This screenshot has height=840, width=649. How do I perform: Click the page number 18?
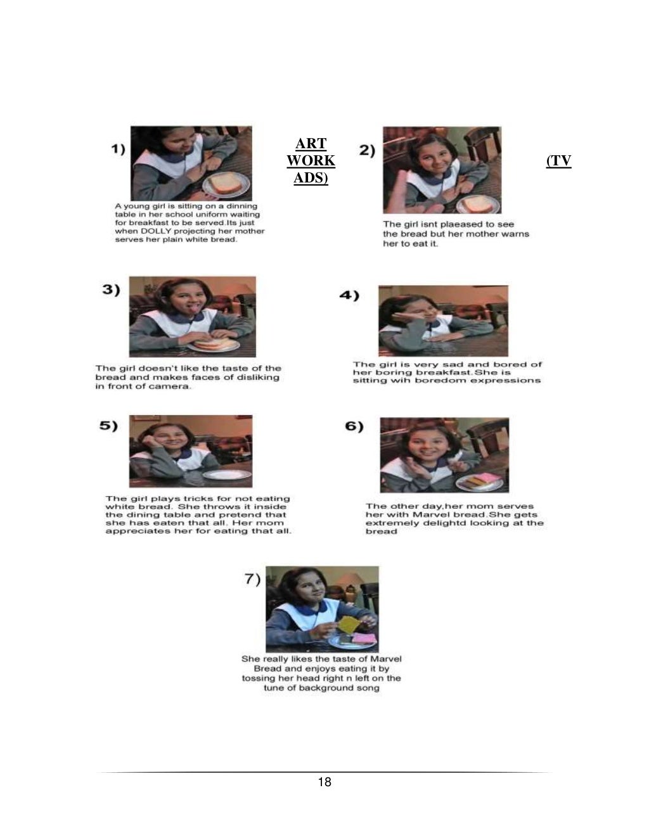pyautogui.click(x=324, y=782)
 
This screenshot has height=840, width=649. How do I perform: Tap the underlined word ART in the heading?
pyautogui.click(x=311, y=143)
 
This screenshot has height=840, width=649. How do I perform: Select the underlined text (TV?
pyautogui.click(x=559, y=160)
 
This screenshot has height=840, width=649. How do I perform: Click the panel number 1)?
pyautogui.click(x=119, y=150)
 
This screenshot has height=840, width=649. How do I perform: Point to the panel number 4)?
pyautogui.click(x=349, y=295)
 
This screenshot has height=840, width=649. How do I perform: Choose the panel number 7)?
pyautogui.click(x=252, y=579)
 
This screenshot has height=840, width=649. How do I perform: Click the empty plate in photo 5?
pyautogui.click(x=227, y=474)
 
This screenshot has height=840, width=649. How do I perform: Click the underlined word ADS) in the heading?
pyautogui.click(x=311, y=178)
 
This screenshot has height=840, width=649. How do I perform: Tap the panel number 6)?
pyautogui.click(x=354, y=426)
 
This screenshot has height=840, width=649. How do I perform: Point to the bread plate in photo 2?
pyautogui.click(x=478, y=205)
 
